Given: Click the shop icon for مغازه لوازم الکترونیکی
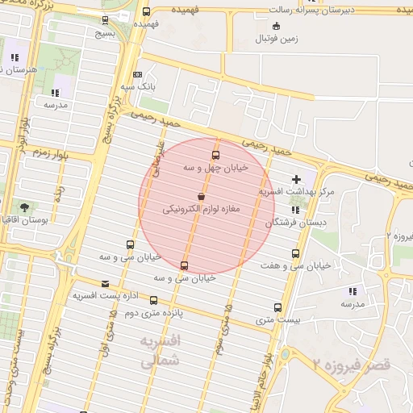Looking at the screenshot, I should point(200,196).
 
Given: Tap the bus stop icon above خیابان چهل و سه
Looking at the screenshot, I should point(215,155).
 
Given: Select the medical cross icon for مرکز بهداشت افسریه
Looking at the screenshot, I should point(296,179).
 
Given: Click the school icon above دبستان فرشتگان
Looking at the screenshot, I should point(295,209).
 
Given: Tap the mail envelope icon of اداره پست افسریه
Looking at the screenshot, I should point(106,284).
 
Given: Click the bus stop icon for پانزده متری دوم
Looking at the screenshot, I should point(153,300).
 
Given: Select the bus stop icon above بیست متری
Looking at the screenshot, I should point(277,308).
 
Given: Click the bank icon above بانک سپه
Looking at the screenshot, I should point(137,74).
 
